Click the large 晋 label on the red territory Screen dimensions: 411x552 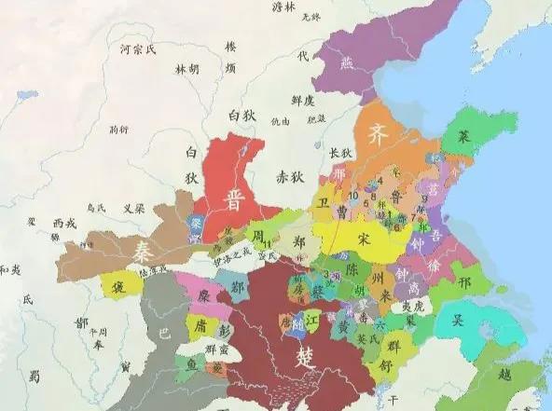234,198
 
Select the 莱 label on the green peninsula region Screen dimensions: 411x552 463,135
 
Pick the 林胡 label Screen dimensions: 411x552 186,69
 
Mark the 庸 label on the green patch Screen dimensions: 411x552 200,325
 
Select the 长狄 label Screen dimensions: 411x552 340,152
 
